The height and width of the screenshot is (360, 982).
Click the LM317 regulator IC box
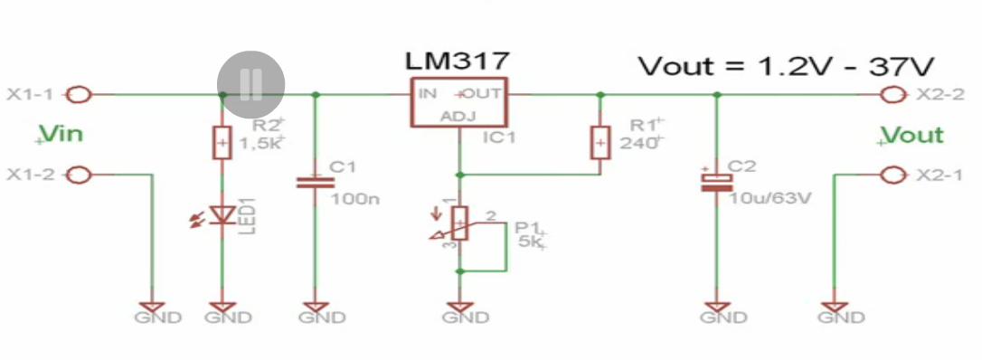point(458,103)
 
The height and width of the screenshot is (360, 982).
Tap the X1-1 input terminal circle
point(79,95)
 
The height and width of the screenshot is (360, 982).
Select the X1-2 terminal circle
point(79,175)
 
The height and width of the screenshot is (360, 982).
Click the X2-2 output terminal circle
point(893,95)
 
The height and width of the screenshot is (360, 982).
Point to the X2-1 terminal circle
point(893,175)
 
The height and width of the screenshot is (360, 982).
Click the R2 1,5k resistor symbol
point(222,142)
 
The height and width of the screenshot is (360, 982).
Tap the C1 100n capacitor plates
point(315,182)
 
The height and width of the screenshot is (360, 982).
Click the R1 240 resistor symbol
point(600,142)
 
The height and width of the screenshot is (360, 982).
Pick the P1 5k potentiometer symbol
point(460,223)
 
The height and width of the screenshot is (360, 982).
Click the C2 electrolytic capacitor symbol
point(717,182)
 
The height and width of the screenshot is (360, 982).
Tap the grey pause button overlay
point(251,84)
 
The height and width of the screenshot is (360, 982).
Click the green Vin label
point(61,135)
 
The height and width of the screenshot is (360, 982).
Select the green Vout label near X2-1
point(911,136)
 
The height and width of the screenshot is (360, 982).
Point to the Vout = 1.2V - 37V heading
point(787,66)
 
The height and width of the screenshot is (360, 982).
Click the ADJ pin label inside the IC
point(458,116)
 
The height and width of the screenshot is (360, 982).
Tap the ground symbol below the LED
point(222,308)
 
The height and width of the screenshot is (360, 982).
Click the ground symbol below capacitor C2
point(717,308)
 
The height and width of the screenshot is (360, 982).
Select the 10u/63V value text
point(771,199)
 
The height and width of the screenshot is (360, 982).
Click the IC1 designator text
point(498,137)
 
